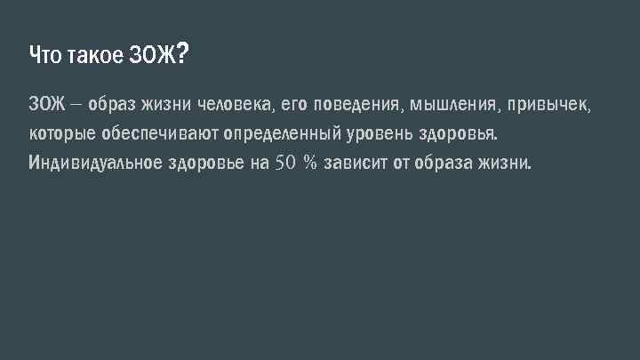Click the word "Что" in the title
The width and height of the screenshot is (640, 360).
(44, 57)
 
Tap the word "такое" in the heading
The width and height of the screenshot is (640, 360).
(92, 57)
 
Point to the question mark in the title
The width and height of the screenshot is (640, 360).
(181, 55)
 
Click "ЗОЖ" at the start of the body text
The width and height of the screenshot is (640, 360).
(47, 106)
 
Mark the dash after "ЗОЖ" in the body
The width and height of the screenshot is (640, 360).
(76, 106)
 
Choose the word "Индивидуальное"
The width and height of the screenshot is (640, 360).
(95, 164)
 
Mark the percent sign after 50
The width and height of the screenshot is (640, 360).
(310, 164)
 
